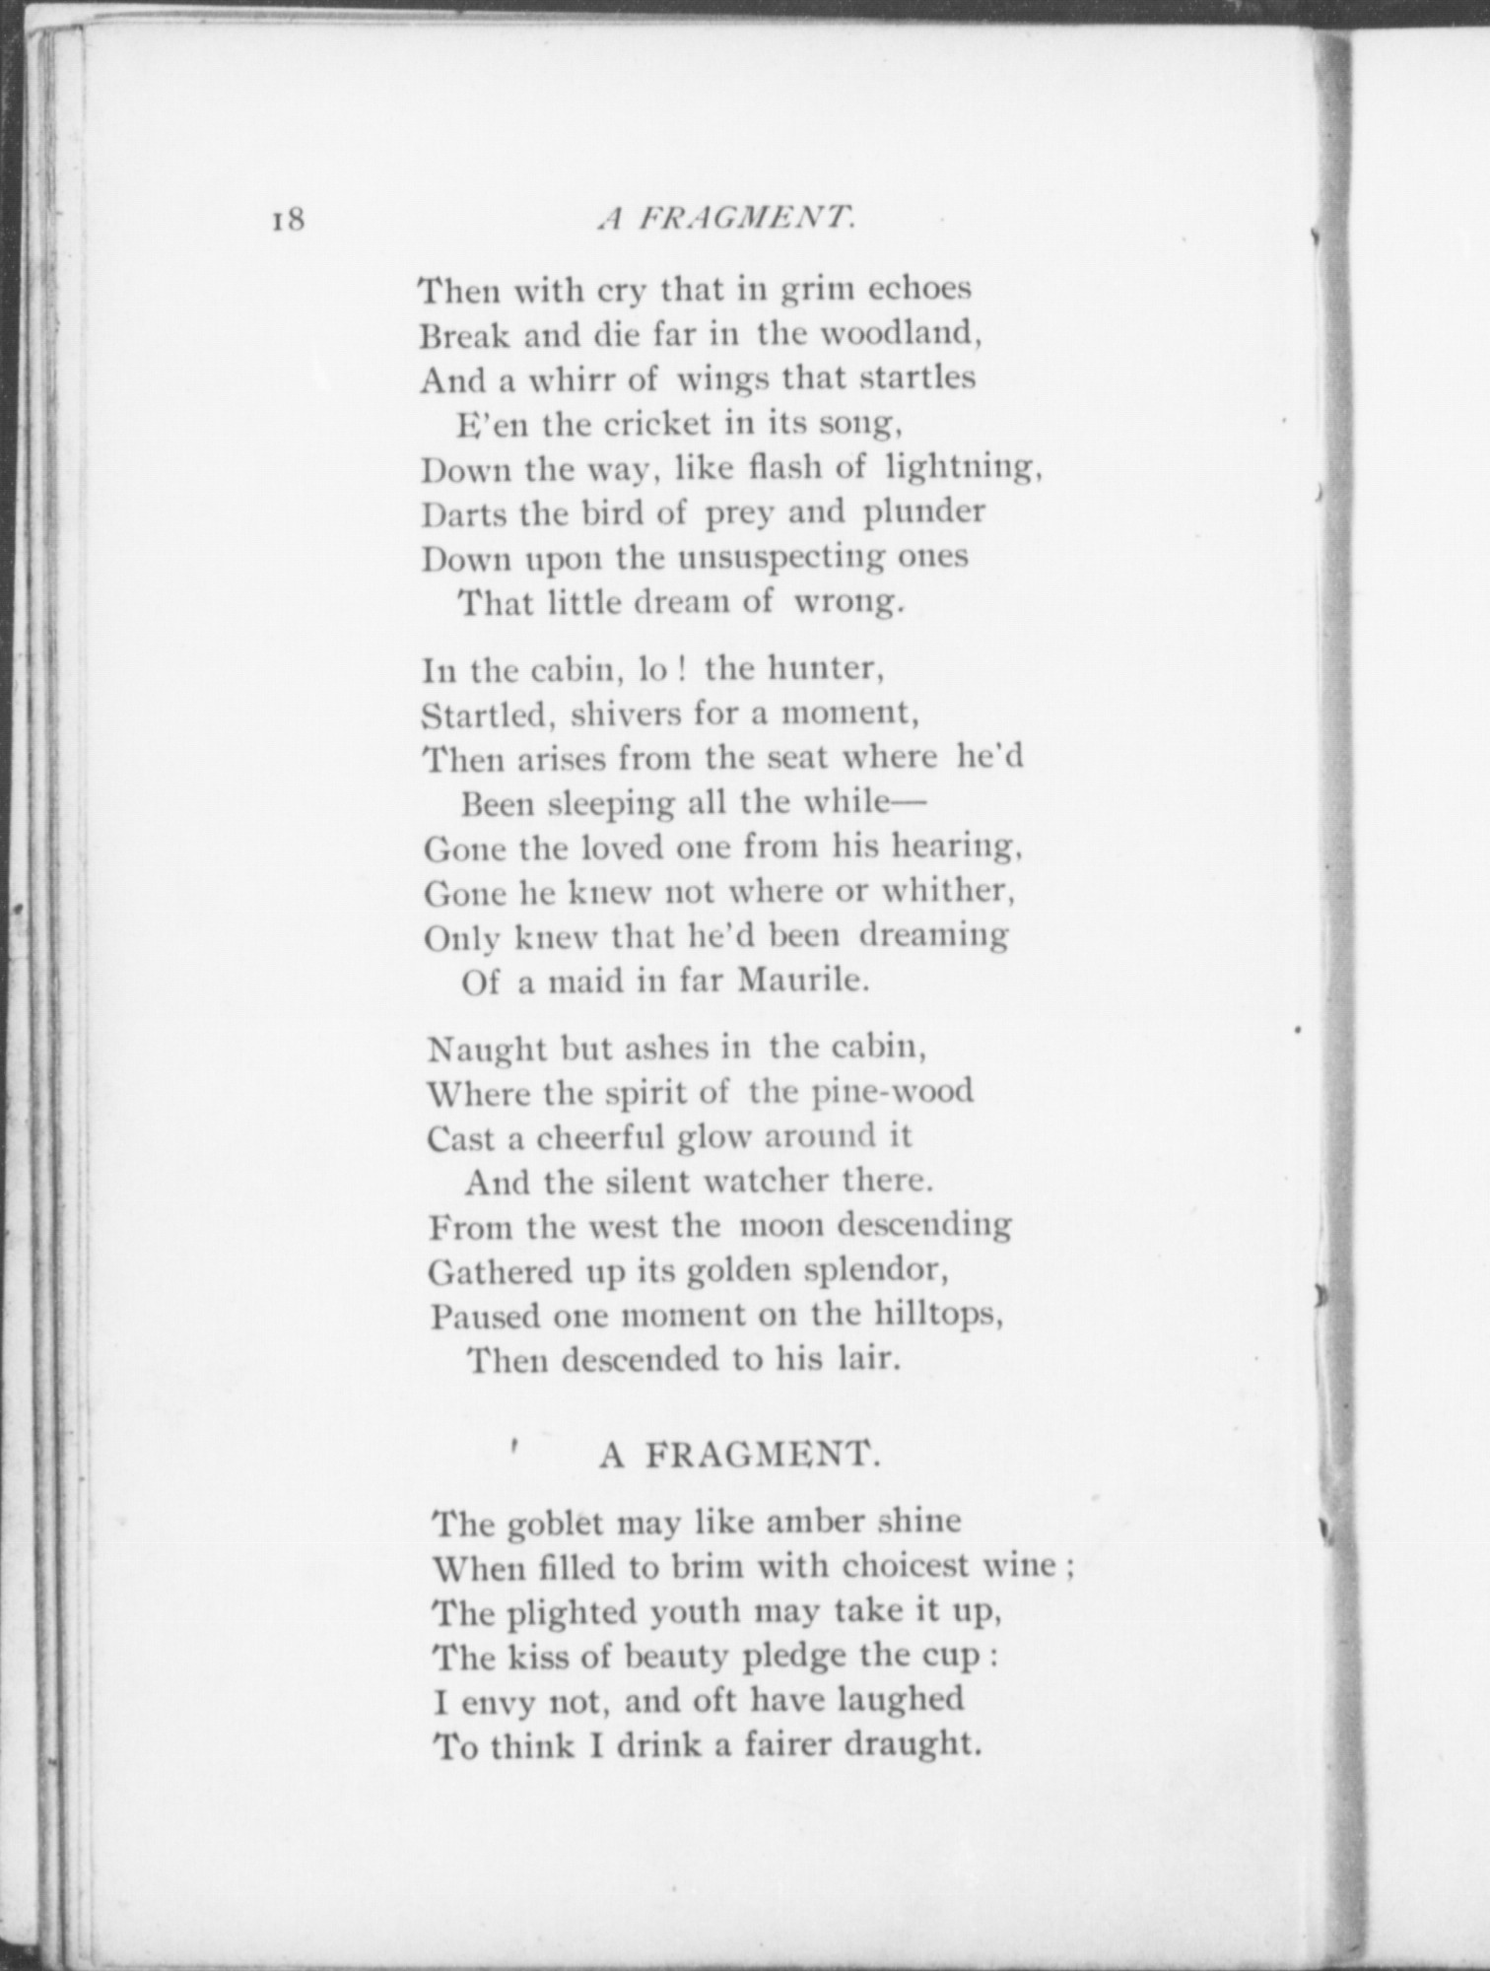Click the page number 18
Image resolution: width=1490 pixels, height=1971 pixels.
click(288, 218)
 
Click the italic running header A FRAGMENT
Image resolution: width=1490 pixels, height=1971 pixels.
click(725, 218)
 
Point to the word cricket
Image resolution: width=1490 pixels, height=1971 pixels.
click(656, 424)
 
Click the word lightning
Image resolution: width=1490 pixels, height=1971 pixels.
click(964, 467)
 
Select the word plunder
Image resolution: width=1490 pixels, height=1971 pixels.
click(924, 512)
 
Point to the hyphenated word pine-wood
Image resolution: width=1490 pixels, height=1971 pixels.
click(893, 1092)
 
